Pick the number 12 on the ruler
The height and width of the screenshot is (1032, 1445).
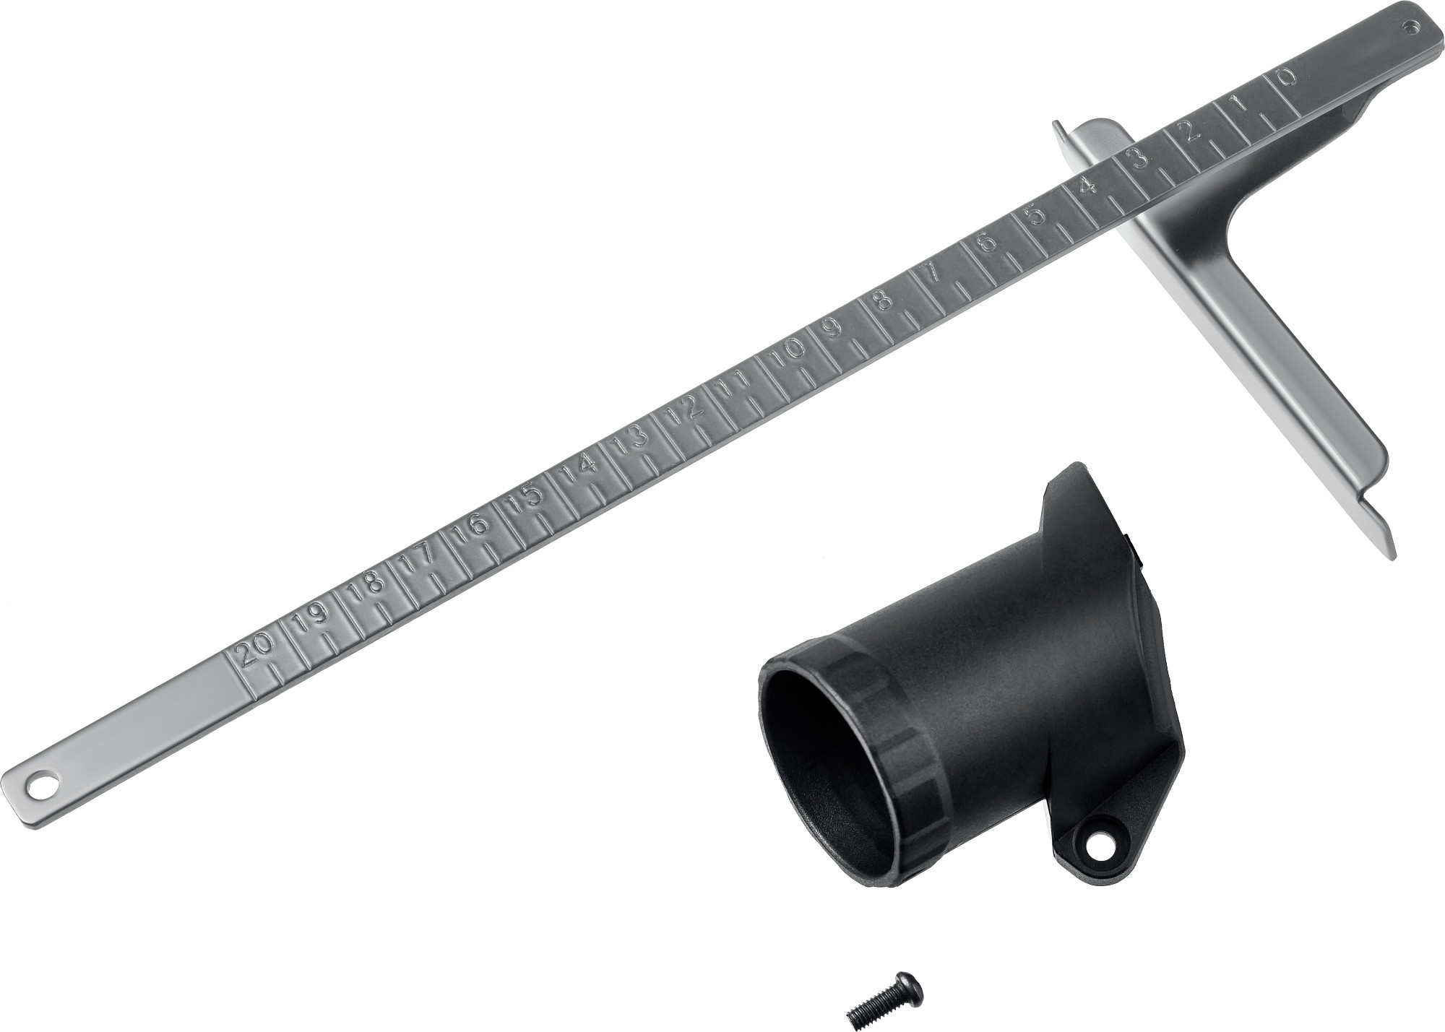685,410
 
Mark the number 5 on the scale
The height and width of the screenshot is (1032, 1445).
1038,217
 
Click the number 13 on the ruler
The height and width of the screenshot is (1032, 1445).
630,438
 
